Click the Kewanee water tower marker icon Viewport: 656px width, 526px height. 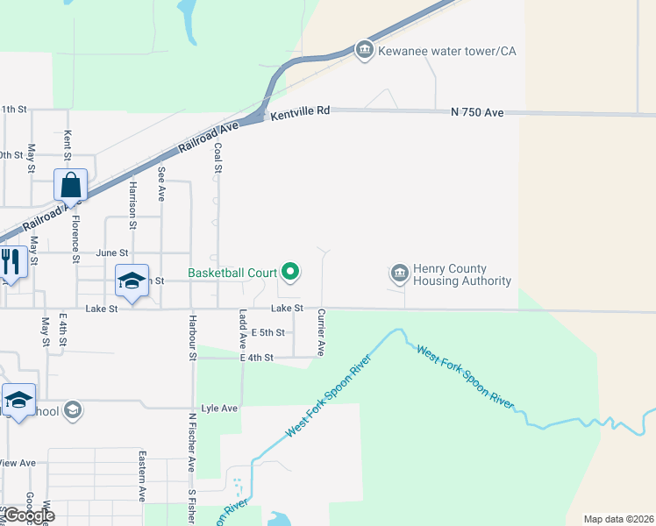365,51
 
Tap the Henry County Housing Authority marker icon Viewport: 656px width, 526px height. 399,274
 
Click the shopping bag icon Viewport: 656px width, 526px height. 70,186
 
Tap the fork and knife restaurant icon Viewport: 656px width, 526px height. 10,262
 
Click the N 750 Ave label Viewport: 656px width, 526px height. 477,113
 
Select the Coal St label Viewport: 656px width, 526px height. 218,159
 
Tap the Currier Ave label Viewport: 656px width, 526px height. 322,332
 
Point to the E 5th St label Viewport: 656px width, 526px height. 267,333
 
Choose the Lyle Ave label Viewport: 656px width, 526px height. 219,409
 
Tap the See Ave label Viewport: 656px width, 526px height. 161,185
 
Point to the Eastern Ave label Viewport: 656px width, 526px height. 141,476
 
